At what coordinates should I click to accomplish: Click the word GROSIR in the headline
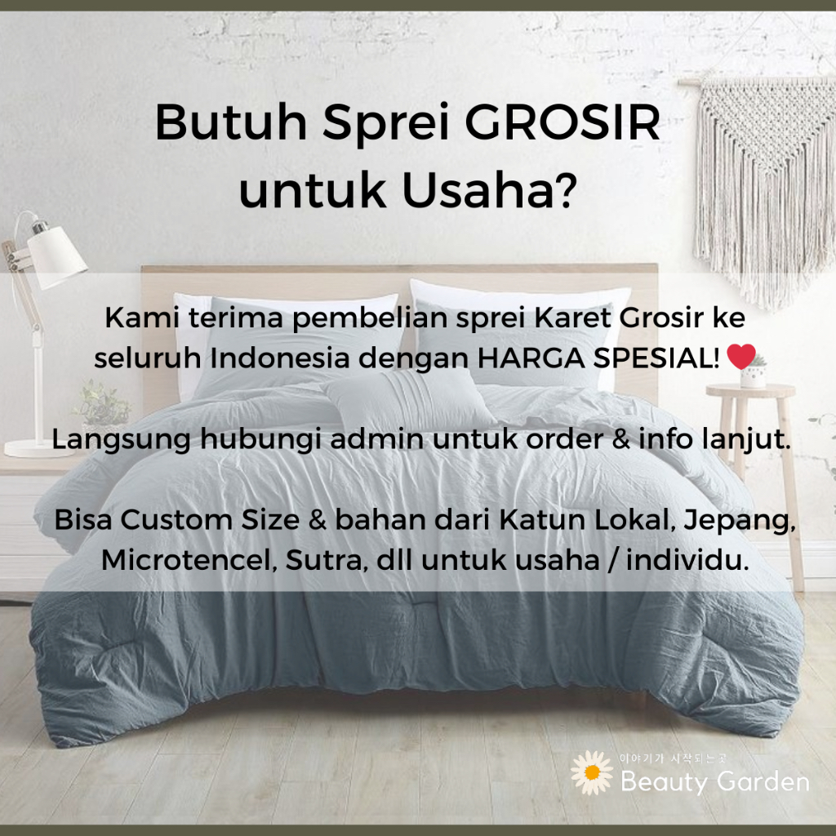click(563, 122)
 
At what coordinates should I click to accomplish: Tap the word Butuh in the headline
click(231, 122)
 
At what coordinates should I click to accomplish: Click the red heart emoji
click(741, 356)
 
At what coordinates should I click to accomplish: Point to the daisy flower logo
click(592, 772)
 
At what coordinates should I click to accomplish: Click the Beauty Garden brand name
click(715, 781)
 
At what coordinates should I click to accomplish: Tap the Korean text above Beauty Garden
click(673, 758)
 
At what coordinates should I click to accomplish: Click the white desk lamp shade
click(56, 257)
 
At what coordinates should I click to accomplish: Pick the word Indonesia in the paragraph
click(279, 358)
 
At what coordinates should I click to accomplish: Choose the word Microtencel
click(189, 560)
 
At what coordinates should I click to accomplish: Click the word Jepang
click(740, 520)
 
